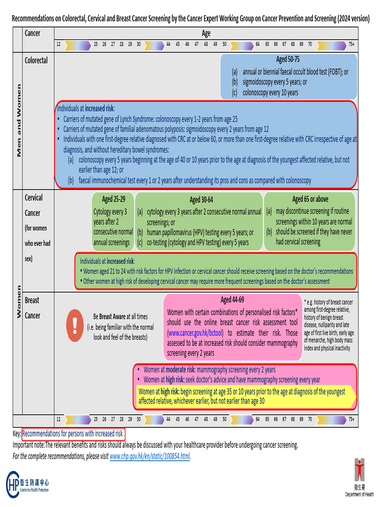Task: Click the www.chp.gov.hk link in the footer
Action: pyautogui.click(x=149, y=456)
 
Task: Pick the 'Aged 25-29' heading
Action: pyautogui.click(x=113, y=200)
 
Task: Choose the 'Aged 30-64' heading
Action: pyautogui.click(x=201, y=200)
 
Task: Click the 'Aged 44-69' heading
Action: pyautogui.click(x=232, y=300)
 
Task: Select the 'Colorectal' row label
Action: pyautogui.click(x=36, y=60)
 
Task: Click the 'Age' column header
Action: pyautogui.click(x=206, y=34)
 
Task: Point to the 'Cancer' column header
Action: pyautogui.click(x=33, y=34)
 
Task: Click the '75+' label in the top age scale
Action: pyautogui.click(x=351, y=44)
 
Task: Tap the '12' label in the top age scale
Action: pyautogui.click(x=58, y=44)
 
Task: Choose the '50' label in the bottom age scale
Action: pyautogui.click(x=224, y=419)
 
